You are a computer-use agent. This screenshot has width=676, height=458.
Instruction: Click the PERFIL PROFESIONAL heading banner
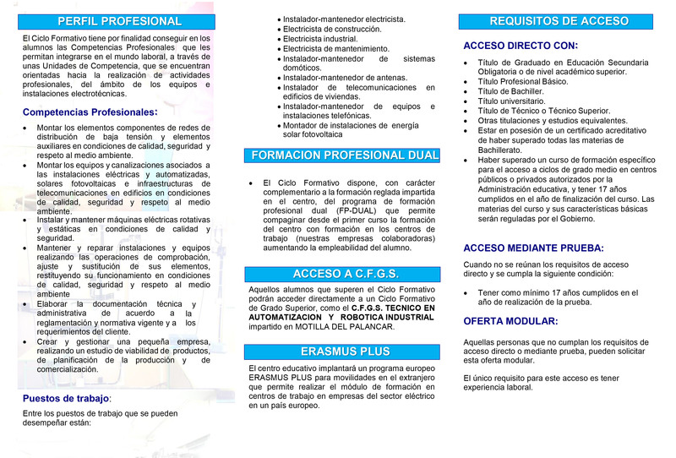[x=118, y=21]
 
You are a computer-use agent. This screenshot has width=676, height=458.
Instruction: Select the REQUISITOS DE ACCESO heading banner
[x=559, y=21]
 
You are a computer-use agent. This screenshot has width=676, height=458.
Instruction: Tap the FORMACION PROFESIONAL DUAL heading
[x=344, y=155]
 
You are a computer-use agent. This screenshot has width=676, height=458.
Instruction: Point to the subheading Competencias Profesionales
[x=90, y=112]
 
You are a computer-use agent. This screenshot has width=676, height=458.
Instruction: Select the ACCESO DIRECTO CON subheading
[x=521, y=46]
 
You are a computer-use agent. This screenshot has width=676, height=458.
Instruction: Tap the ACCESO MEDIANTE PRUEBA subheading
[x=533, y=248]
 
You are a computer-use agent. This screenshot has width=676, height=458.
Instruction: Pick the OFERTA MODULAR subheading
[x=510, y=321]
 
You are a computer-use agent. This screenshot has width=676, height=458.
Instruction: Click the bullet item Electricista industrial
[x=320, y=39]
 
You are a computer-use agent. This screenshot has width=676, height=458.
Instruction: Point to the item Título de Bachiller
[x=510, y=91]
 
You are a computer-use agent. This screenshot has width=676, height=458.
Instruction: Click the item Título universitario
[x=515, y=101]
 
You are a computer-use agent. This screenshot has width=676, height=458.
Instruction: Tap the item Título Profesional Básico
[x=523, y=82]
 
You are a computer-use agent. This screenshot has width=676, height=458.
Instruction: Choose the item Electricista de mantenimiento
[x=335, y=49]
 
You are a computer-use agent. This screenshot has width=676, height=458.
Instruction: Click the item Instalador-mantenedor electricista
[x=344, y=19]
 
